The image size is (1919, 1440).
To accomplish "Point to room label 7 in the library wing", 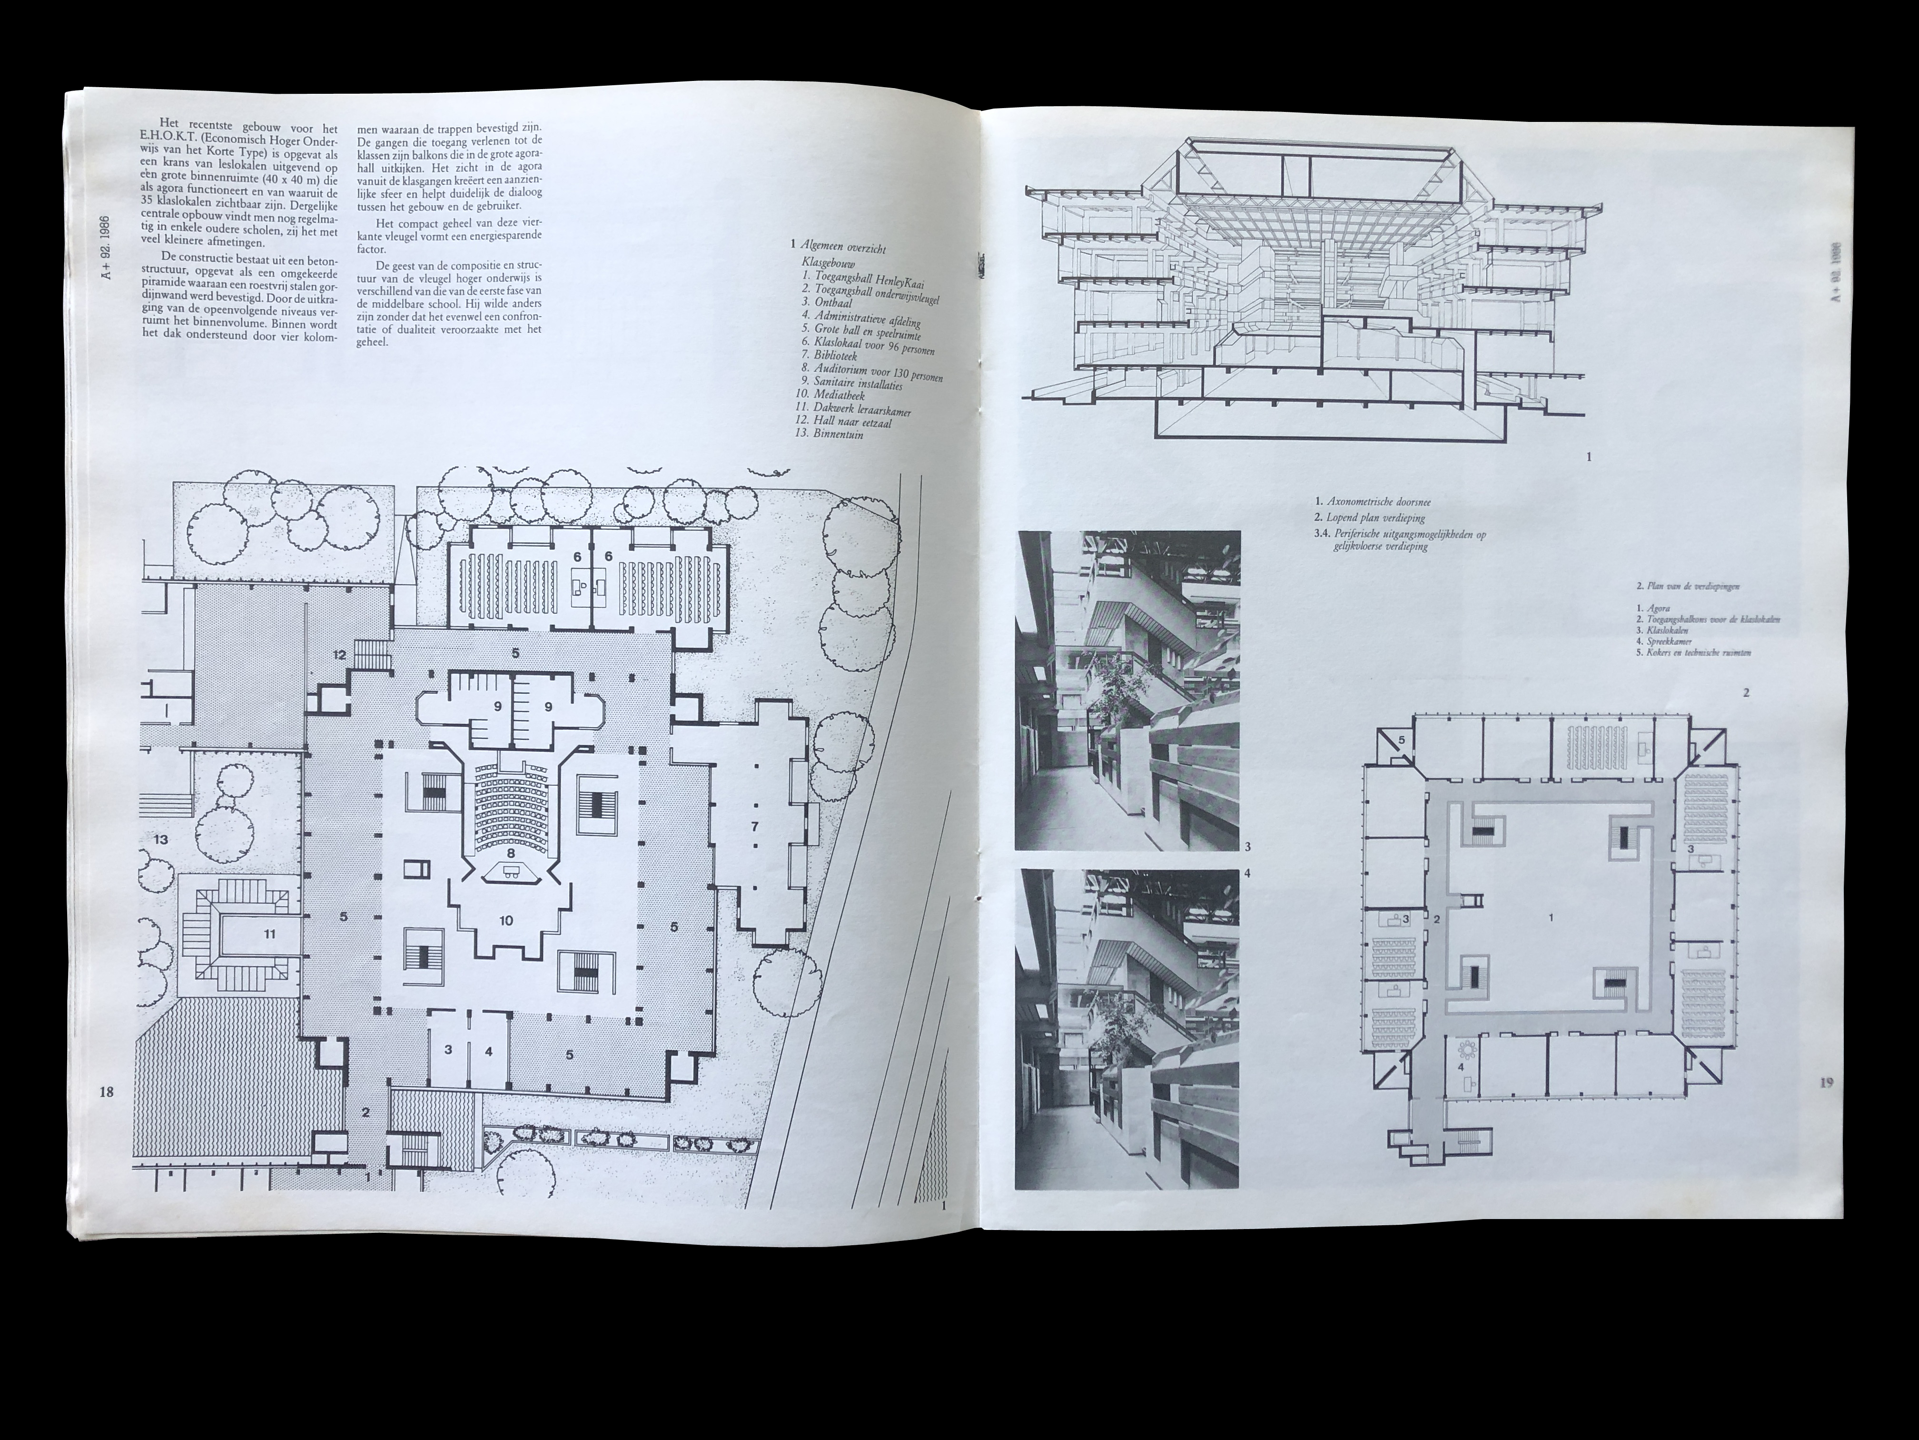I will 755,825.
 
